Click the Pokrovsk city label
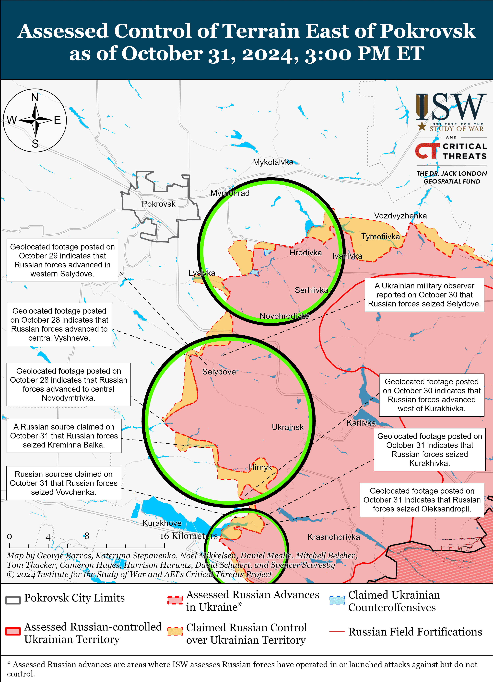pyautogui.click(x=159, y=204)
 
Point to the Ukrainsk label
pyautogui.click(x=288, y=427)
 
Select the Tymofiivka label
pyautogui.click(x=380, y=237)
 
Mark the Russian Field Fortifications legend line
pyautogui.click(x=337, y=631)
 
